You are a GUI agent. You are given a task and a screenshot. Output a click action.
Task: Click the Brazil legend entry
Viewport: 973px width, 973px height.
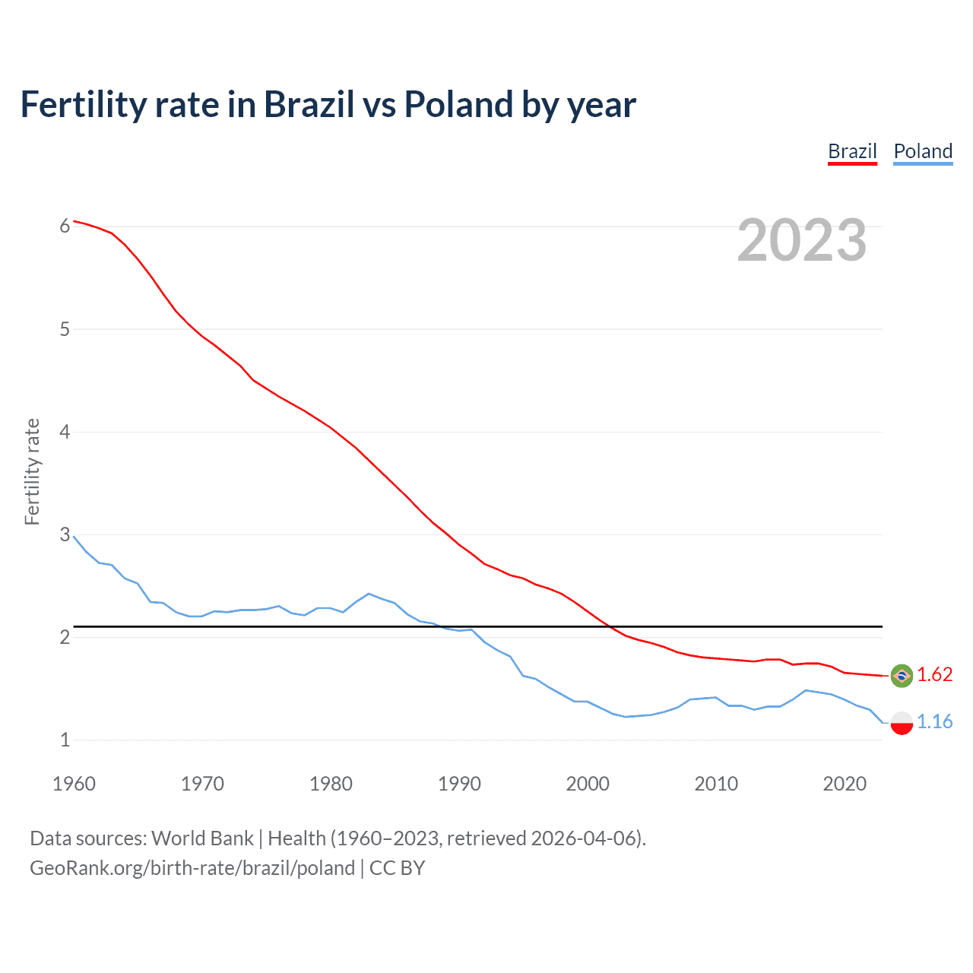(852, 151)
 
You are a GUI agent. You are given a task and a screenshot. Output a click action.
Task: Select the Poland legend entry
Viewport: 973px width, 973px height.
(923, 151)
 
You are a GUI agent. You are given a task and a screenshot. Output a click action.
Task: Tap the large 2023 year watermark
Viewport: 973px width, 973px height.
(802, 240)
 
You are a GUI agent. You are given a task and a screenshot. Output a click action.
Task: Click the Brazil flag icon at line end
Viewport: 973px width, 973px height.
(902, 675)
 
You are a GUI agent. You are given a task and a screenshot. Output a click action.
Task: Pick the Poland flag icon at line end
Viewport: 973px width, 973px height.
(902, 722)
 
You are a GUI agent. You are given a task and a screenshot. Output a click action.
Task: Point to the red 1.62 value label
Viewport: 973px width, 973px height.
(934, 675)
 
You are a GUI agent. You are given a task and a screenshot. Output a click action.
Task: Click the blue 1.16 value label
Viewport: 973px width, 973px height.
(934, 722)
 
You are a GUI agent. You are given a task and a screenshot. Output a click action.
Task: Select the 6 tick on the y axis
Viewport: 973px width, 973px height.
(65, 227)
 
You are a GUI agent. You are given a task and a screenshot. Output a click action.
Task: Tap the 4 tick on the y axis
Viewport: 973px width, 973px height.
(65, 432)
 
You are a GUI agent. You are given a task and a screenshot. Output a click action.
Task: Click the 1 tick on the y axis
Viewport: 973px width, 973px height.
(65, 740)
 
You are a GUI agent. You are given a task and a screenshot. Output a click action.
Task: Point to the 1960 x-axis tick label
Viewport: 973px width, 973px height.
(74, 784)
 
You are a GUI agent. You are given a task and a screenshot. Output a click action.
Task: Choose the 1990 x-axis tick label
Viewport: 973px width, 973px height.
(459, 784)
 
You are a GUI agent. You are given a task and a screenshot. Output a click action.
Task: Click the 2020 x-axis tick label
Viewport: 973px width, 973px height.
(845, 784)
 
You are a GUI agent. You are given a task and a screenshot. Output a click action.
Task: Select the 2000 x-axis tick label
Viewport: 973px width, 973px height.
(588, 784)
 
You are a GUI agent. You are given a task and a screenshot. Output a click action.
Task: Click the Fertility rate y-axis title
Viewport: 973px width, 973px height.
(32, 471)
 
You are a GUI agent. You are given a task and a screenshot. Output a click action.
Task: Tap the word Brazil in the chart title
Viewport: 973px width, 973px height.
(309, 105)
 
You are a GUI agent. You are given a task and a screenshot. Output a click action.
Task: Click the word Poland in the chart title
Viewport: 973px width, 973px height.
(458, 105)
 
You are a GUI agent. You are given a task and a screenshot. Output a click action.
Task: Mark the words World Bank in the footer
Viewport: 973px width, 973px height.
(202, 838)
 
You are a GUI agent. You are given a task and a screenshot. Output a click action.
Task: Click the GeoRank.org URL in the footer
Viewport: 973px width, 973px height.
(192, 868)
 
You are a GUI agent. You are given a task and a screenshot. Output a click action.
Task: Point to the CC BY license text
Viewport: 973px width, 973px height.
(397, 868)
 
